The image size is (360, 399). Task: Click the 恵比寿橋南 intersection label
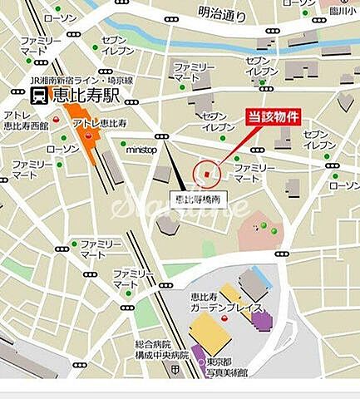(x=198, y=199)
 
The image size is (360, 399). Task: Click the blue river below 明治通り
(x=208, y=42)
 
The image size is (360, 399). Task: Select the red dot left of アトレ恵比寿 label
(x=56, y=119)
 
